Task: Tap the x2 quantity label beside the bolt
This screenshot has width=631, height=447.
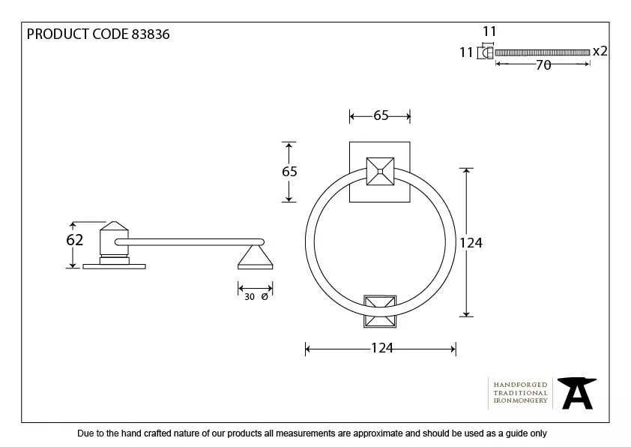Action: pyautogui.click(x=600, y=52)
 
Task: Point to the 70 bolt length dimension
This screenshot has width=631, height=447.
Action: pyautogui.click(x=543, y=65)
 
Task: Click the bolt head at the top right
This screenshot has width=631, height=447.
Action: pyautogui.click(x=487, y=52)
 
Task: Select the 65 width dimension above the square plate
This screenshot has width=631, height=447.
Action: pyautogui.click(x=381, y=115)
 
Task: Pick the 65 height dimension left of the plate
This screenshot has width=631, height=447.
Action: pyautogui.click(x=289, y=172)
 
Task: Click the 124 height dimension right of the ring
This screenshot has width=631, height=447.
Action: pyautogui.click(x=471, y=242)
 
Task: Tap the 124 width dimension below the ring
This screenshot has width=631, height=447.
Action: pyautogui.click(x=381, y=348)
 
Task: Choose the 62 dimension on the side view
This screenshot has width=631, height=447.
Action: pyautogui.click(x=74, y=241)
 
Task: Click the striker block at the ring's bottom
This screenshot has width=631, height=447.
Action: pyautogui.click(x=380, y=311)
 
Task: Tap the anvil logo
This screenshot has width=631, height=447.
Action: pyautogui.click(x=577, y=393)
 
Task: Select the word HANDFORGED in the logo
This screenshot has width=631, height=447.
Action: pyautogui.click(x=520, y=385)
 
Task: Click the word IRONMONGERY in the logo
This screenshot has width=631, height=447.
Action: pyautogui.click(x=520, y=401)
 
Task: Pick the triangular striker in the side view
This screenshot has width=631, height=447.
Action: pyautogui.click(x=255, y=259)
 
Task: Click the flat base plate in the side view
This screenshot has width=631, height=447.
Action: pyautogui.click(x=115, y=264)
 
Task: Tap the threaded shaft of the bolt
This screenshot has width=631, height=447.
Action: pyautogui.click(x=543, y=52)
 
